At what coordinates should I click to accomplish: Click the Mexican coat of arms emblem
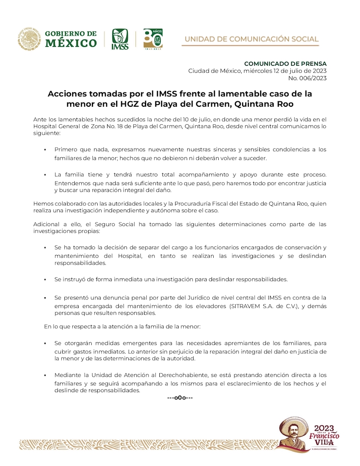[29, 39]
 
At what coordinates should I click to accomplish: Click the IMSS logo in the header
[120, 39]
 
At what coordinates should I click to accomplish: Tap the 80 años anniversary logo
[153, 39]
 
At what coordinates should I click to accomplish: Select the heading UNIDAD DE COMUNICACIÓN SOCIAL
[252, 39]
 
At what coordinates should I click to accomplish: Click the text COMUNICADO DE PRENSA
[285, 63]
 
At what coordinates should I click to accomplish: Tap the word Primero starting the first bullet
[67, 149]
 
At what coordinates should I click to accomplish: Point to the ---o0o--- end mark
[180, 398]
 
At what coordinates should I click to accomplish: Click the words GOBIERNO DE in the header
[71, 34]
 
